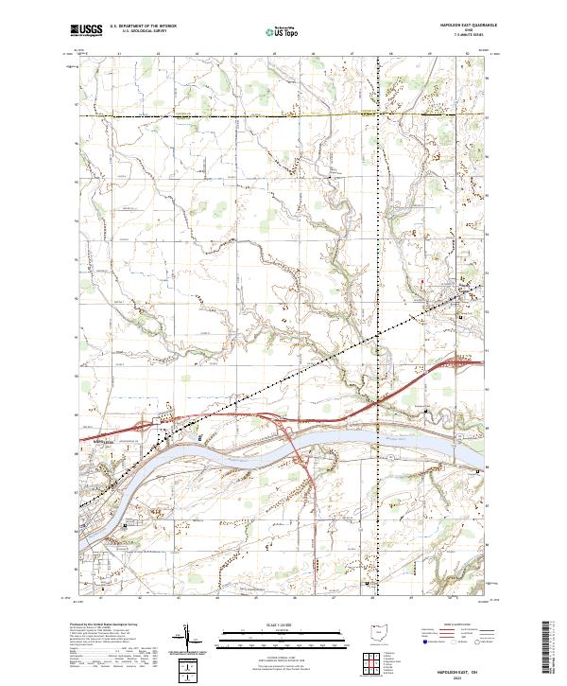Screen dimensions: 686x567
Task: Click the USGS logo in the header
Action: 87,31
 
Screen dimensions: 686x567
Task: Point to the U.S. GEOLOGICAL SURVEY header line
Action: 144,33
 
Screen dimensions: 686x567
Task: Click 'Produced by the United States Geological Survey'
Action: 104,625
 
